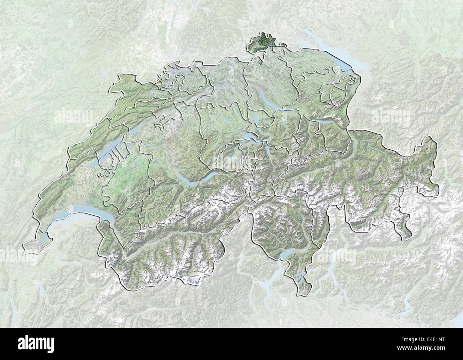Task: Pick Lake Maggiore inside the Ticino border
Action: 285,254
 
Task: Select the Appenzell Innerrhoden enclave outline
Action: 337,93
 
